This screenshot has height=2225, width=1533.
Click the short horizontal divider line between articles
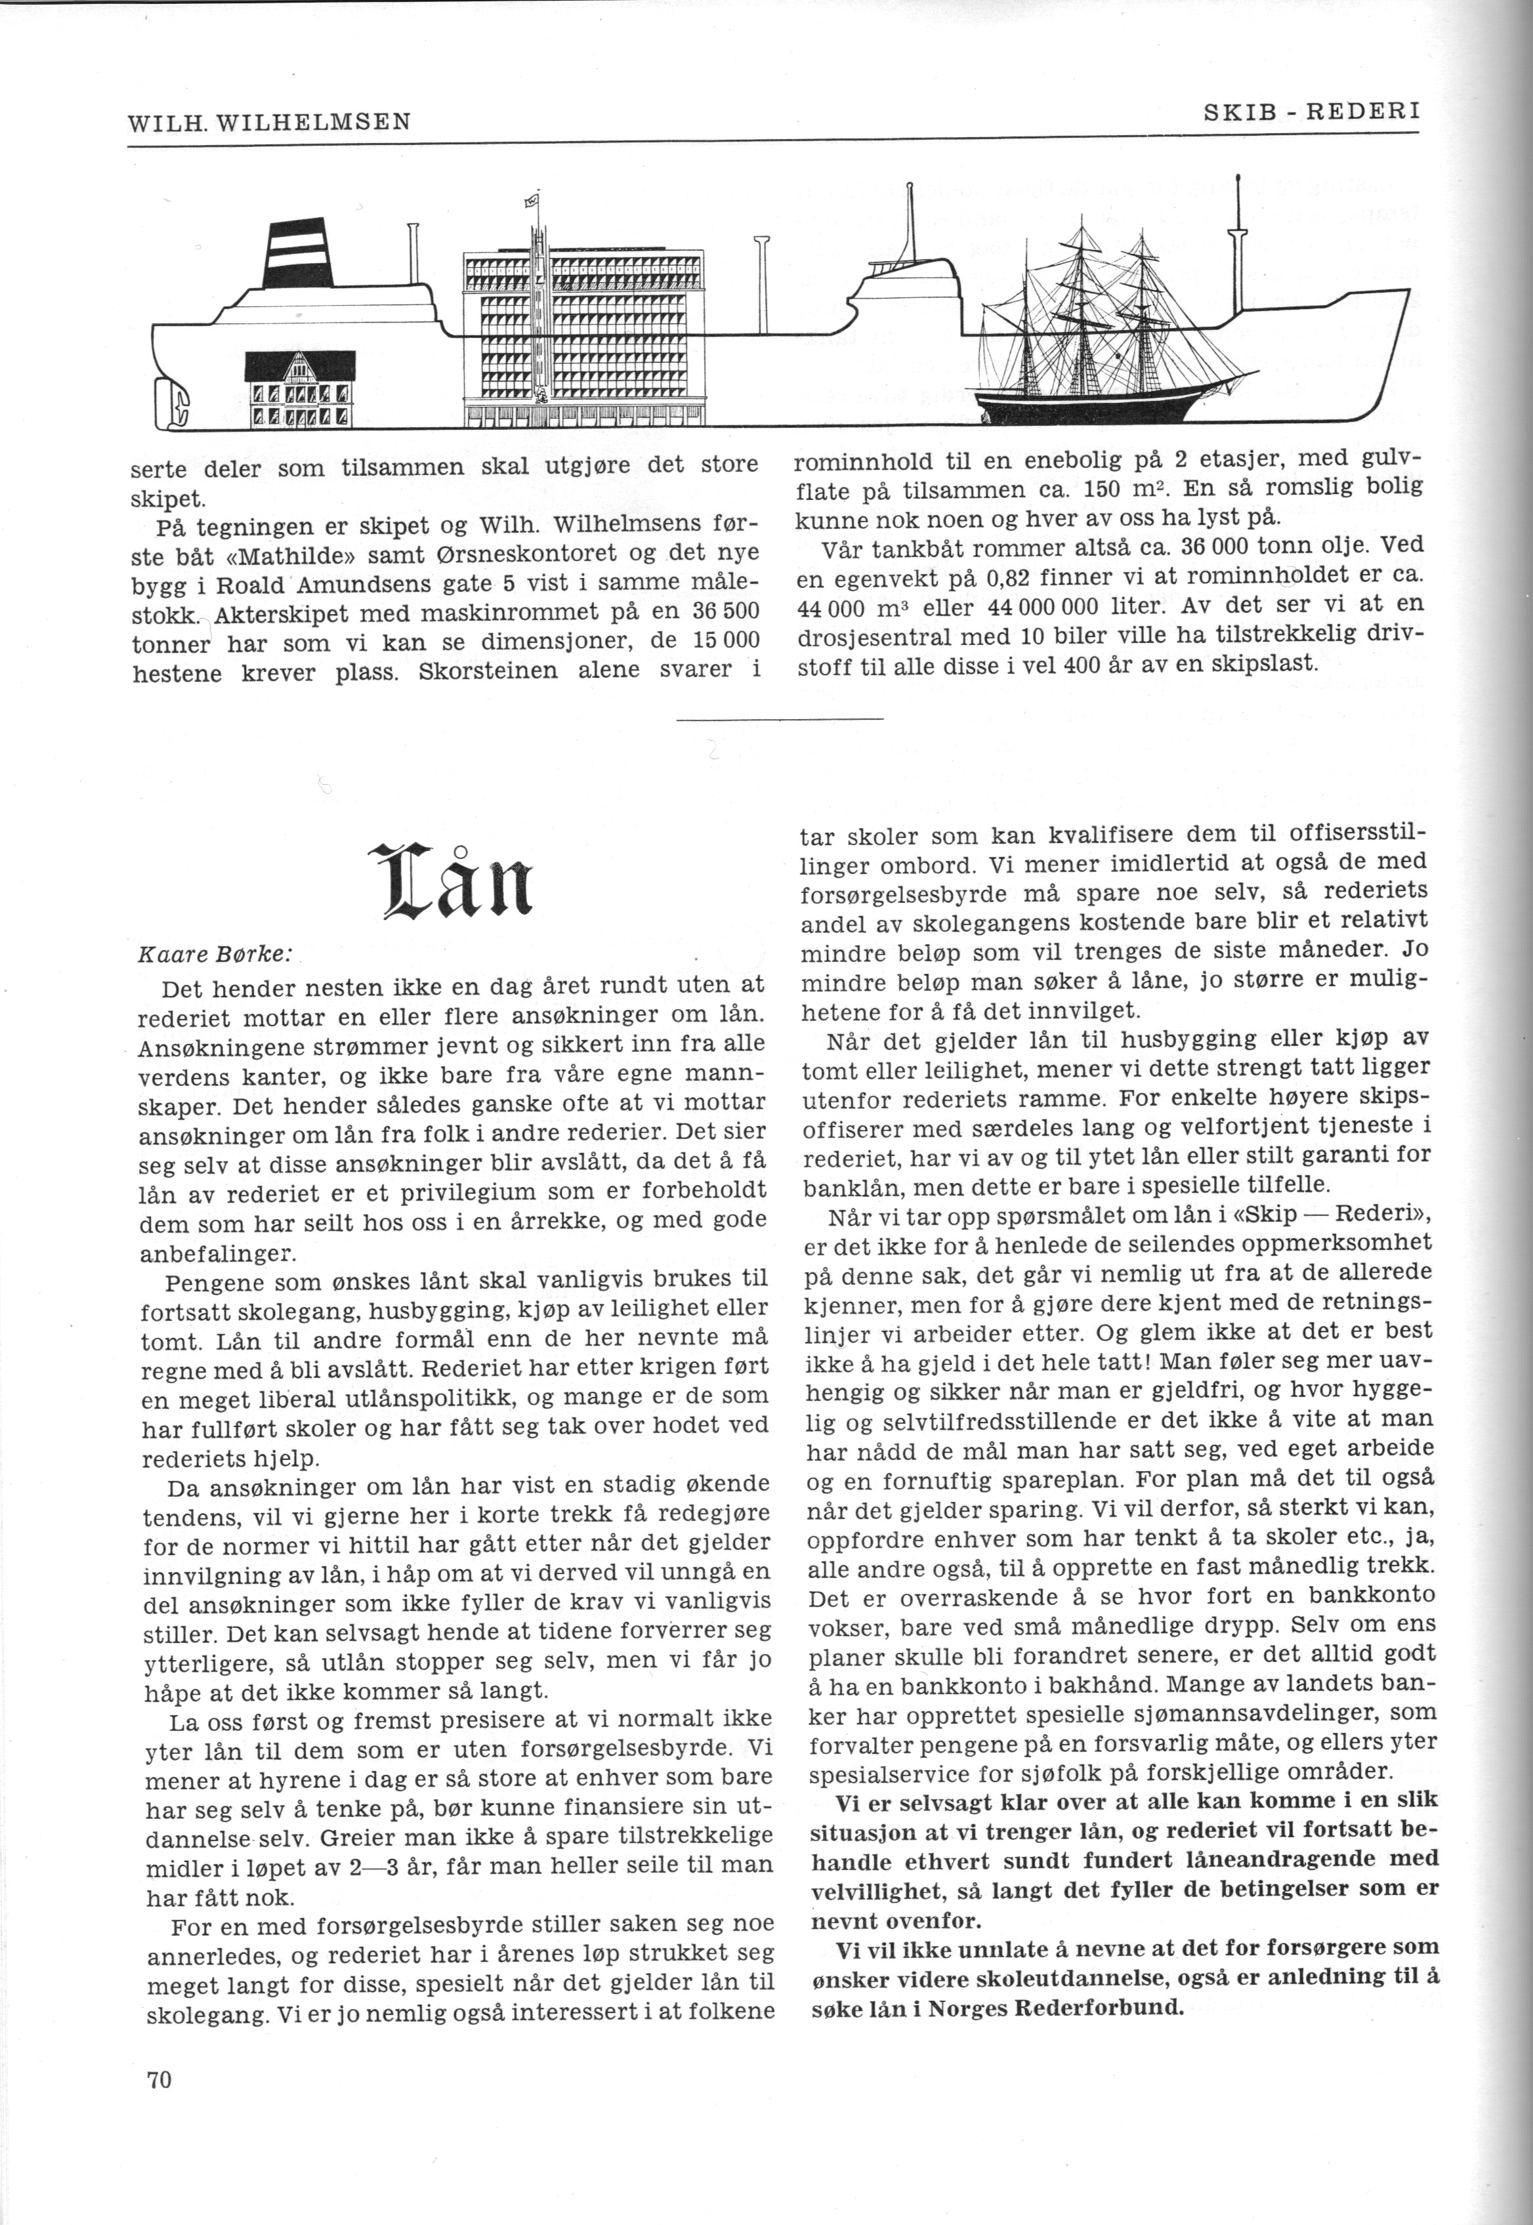tap(779, 718)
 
